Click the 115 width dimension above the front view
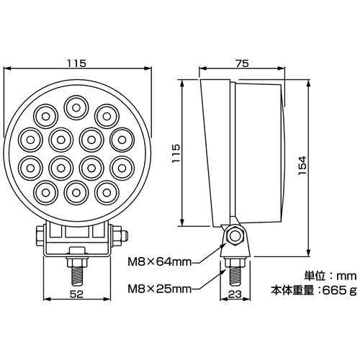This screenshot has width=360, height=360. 76,63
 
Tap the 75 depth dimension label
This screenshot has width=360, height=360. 242,63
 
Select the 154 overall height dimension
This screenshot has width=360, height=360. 302,166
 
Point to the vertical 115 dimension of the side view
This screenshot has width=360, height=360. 176,153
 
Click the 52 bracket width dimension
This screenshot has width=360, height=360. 76,294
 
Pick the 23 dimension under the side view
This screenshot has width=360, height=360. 235,294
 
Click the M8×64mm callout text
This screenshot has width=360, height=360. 160,262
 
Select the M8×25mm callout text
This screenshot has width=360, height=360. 160,289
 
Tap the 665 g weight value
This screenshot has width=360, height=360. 339,291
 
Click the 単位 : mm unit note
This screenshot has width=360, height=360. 330,276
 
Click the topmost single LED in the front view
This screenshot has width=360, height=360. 76,108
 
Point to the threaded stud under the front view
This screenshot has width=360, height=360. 76,276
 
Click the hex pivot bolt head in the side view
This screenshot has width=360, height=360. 234,236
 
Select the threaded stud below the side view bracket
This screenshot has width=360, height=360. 235,276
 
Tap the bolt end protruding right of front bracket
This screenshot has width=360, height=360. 125,236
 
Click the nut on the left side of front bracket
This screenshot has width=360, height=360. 40,236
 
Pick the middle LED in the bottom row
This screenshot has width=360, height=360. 76,193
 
